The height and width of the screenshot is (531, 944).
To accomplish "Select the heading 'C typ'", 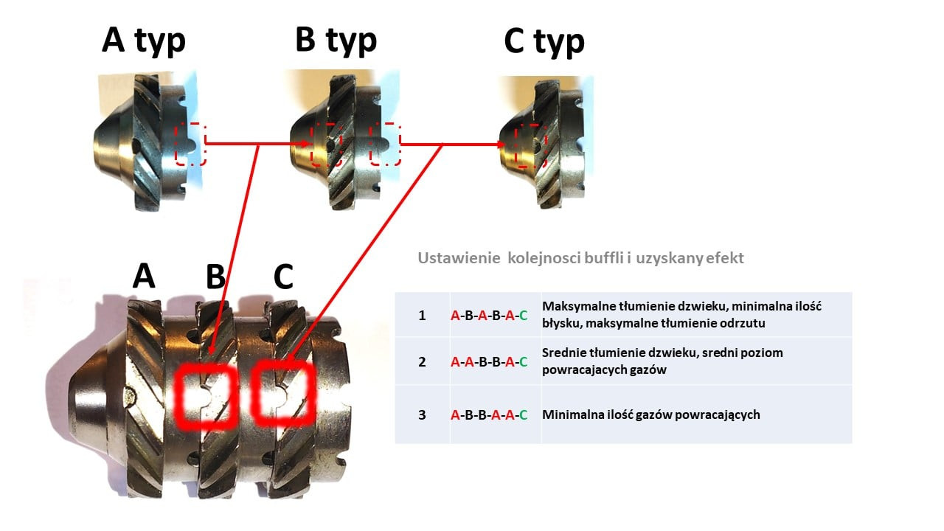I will (x=544, y=41).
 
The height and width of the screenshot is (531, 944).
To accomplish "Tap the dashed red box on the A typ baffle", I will (x=190, y=143).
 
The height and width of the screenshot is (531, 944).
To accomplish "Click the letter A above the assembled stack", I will (x=144, y=276).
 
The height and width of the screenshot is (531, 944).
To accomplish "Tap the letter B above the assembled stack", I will (x=215, y=276).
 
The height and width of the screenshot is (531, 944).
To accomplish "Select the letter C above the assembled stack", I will (x=283, y=276).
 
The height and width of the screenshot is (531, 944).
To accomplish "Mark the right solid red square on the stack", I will (x=284, y=392).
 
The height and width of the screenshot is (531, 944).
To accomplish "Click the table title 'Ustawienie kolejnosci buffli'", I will (x=580, y=258).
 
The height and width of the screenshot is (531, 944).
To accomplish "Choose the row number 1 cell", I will (x=422, y=315).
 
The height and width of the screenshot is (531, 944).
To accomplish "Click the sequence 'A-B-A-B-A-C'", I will (x=489, y=316).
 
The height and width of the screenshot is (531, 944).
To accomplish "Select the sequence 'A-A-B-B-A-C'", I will (x=489, y=361).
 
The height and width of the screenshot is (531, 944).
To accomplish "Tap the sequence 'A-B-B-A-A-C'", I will (x=489, y=414).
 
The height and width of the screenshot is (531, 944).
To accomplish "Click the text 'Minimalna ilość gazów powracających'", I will (x=650, y=414).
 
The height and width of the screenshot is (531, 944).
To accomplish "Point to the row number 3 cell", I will (x=422, y=414).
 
